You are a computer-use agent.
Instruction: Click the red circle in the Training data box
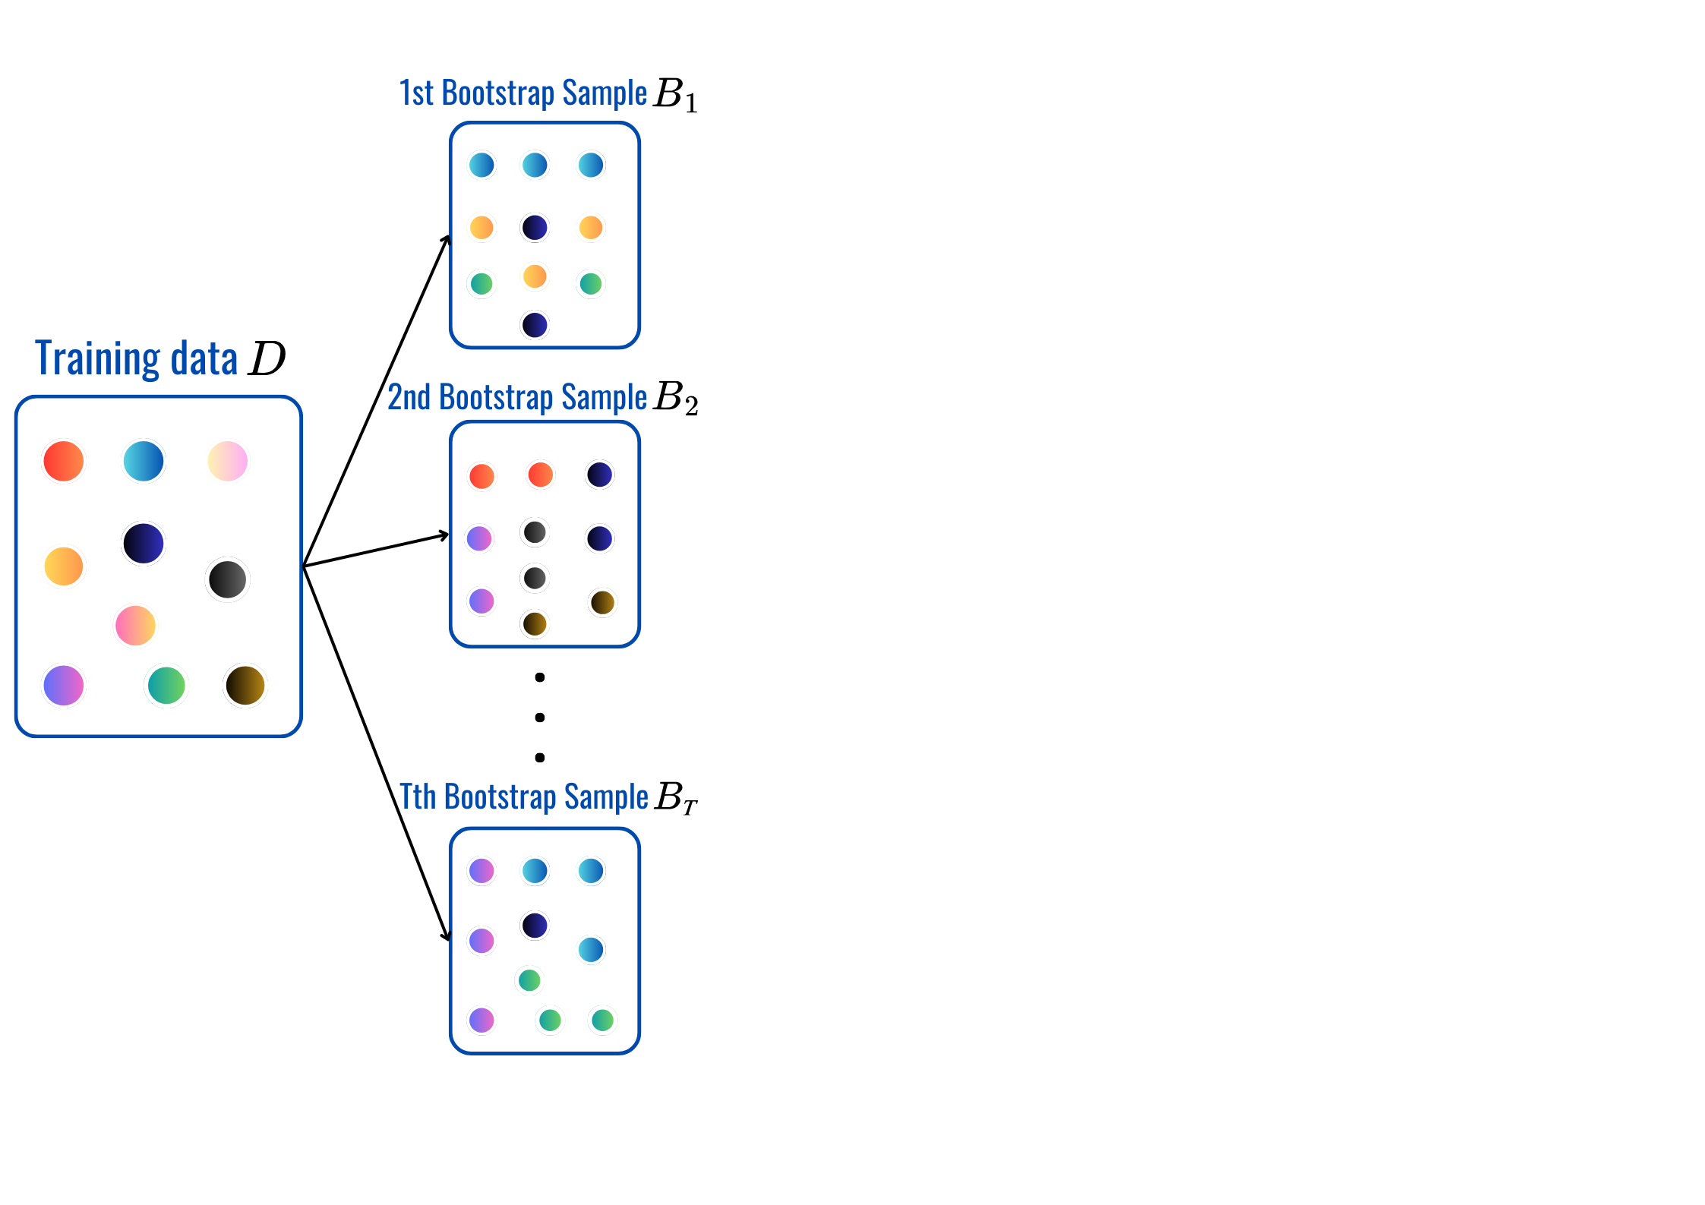63,461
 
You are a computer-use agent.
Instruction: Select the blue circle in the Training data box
144,461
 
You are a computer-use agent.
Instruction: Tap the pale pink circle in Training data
227,461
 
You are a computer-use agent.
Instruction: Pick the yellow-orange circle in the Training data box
64,566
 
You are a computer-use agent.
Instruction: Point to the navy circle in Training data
144,544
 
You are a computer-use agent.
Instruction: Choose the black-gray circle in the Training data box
227,579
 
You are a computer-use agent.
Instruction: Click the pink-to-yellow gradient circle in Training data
135,626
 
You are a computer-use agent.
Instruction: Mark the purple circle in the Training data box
64,686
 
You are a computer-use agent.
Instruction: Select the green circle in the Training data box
166,686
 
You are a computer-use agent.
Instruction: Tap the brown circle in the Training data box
245,686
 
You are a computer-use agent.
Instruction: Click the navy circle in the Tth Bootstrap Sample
535,926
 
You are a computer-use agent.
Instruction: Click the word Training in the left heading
98,359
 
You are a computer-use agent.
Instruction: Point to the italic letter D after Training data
267,358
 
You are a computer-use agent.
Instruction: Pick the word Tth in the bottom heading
418,797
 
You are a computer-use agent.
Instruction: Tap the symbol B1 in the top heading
674,95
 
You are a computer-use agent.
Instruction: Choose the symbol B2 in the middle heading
675,398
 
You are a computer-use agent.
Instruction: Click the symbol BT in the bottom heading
675,798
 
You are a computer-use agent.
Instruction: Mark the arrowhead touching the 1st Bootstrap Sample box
447,240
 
